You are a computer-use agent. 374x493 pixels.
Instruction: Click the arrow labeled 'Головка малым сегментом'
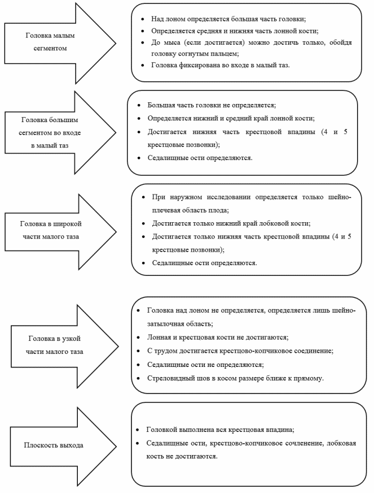tap(60, 43)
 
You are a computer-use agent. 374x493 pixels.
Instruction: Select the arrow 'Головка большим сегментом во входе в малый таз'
tap(60, 133)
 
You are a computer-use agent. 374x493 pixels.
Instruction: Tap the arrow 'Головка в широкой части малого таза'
tap(60, 232)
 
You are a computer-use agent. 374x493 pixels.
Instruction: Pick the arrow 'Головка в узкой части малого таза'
tap(64, 347)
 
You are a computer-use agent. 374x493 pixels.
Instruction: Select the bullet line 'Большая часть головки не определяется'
tap(212, 105)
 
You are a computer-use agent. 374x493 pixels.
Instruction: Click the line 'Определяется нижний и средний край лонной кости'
tap(231, 119)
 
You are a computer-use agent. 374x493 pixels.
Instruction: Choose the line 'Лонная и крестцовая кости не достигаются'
tap(218, 338)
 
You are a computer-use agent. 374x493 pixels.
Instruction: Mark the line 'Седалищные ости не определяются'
tap(205, 365)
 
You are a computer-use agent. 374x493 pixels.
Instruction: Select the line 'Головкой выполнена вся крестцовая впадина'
tap(220, 430)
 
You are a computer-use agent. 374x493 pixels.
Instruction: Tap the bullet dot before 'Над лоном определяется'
tap(143, 19)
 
